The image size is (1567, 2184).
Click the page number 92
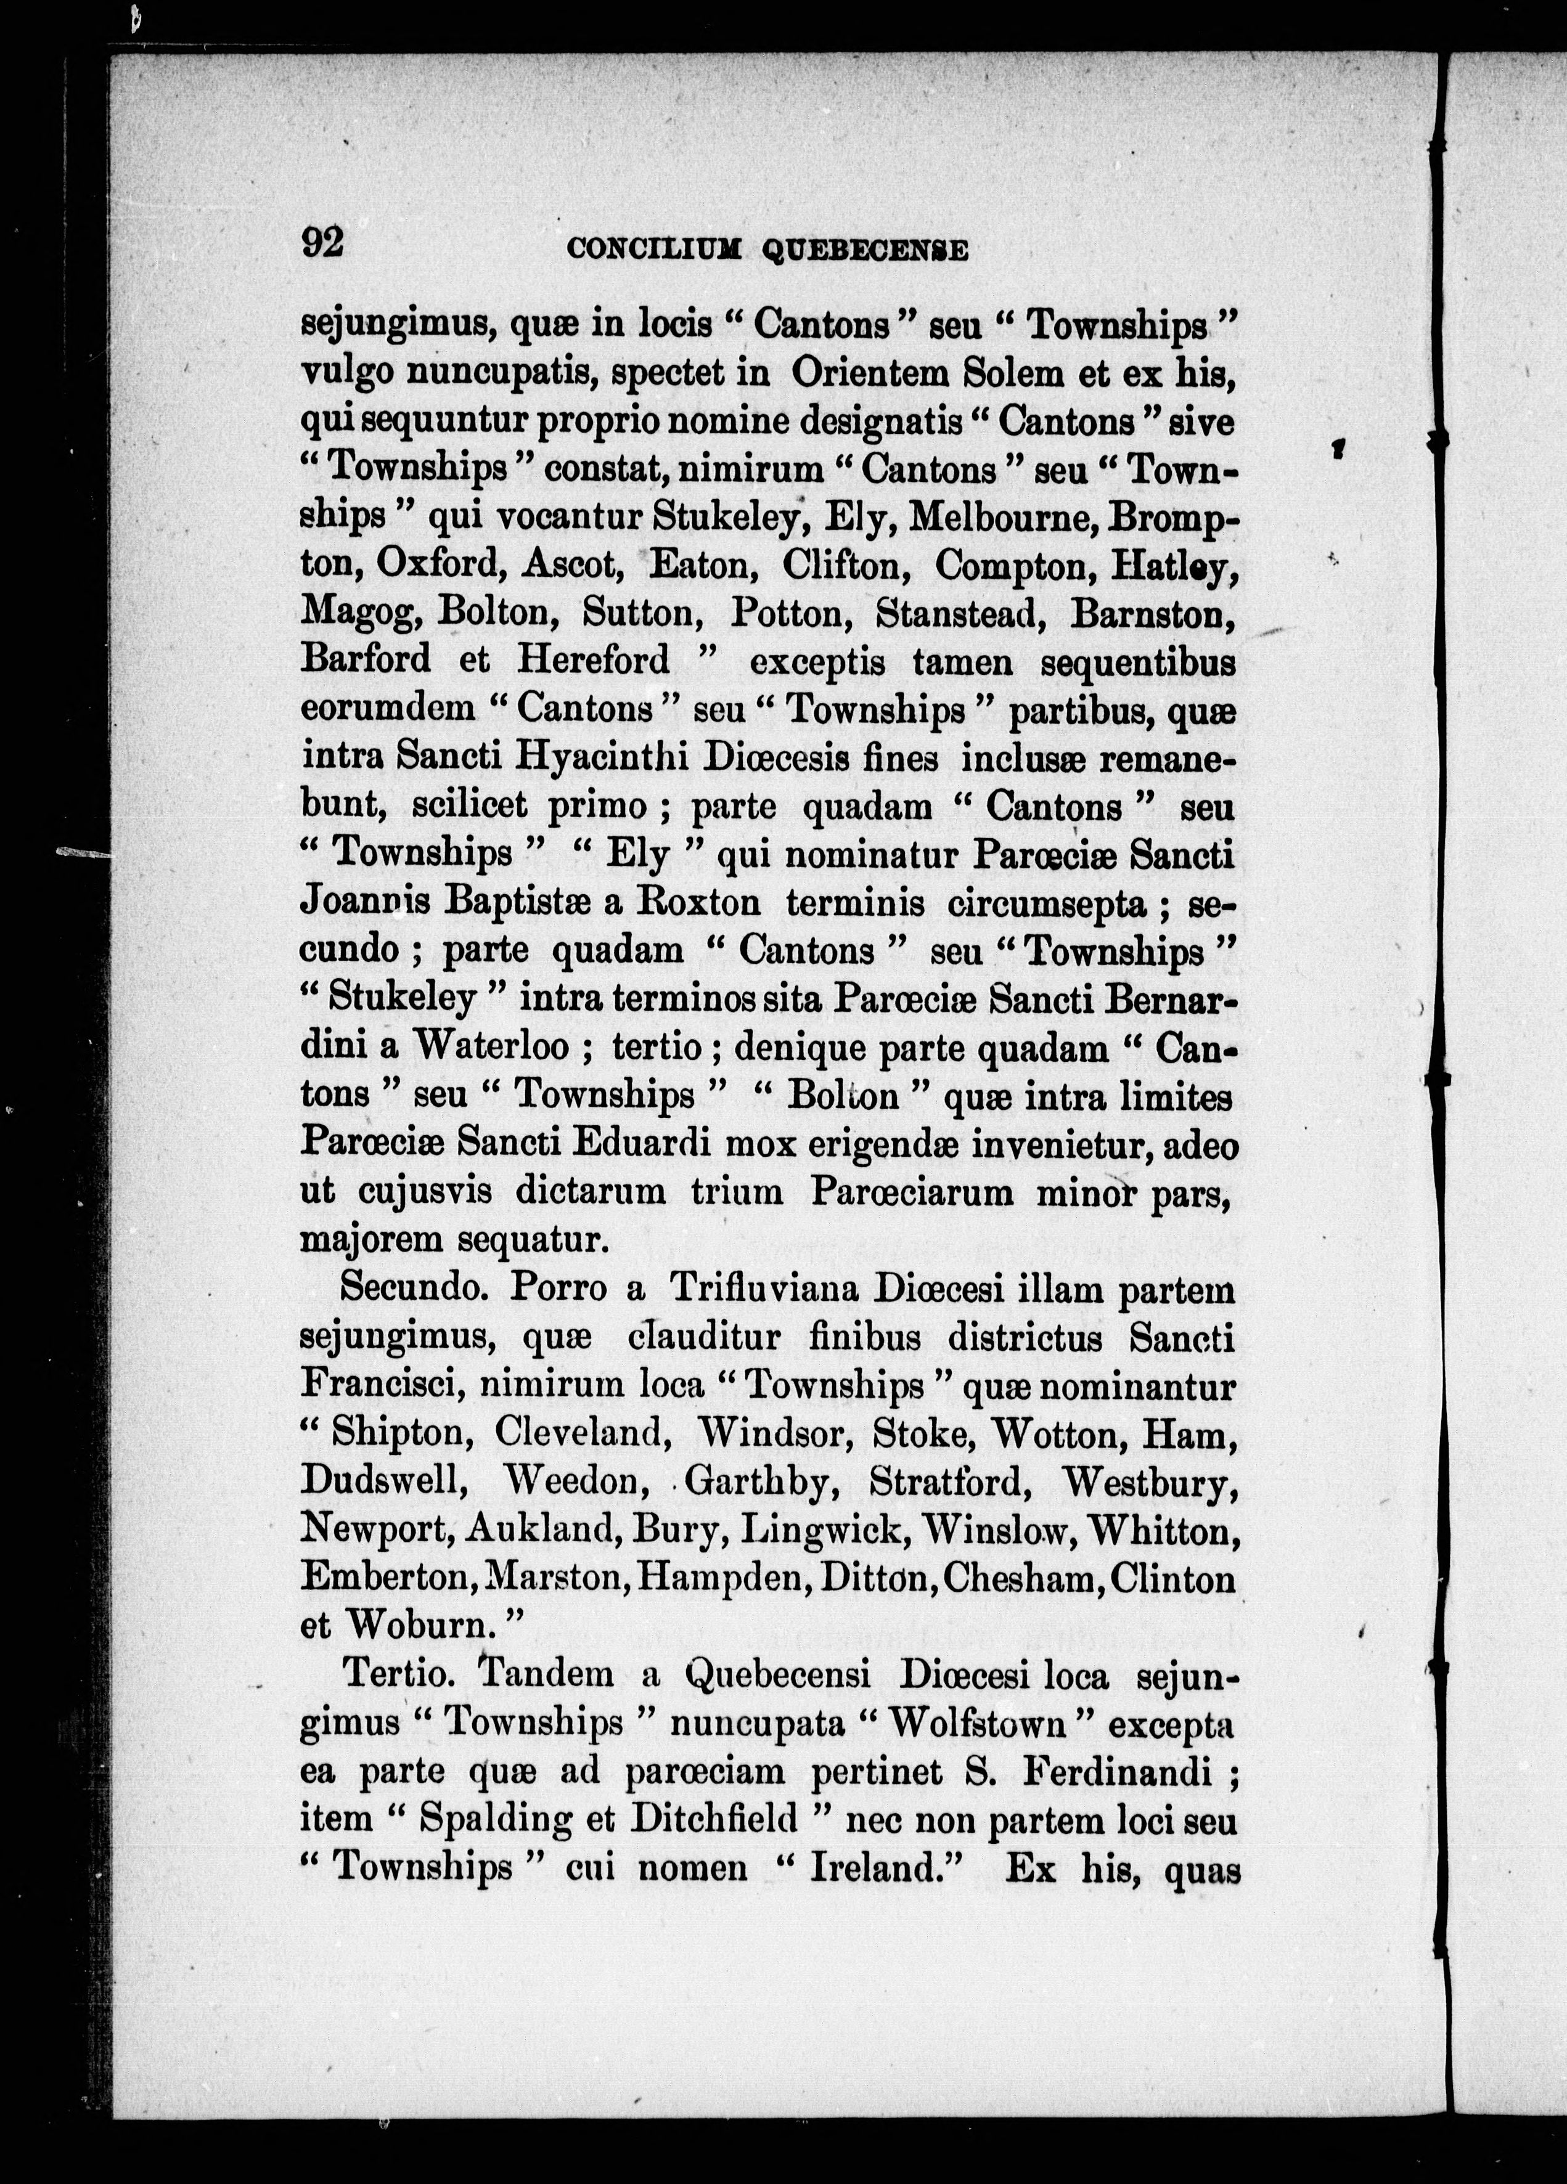pos(322,243)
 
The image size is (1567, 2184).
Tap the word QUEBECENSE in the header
pos(865,251)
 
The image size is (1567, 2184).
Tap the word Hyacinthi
pos(601,758)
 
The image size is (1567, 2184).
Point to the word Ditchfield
pos(714,1819)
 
